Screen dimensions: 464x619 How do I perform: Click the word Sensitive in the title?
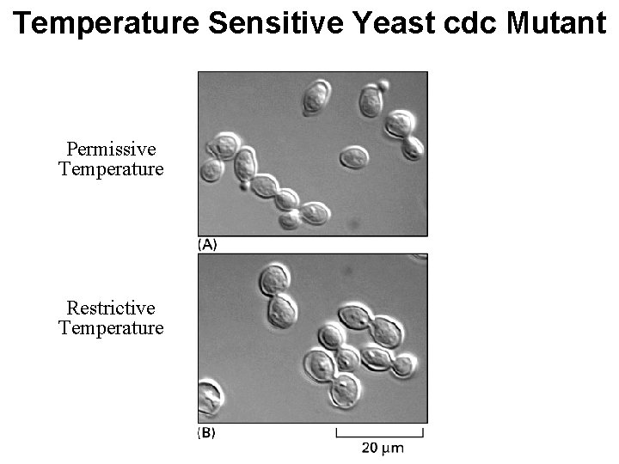[277, 23]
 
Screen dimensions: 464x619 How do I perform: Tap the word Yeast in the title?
[383, 23]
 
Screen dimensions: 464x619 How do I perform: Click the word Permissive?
[111, 149]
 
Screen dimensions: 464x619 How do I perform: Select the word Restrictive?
[111, 308]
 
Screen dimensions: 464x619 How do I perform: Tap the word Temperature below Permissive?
[111, 168]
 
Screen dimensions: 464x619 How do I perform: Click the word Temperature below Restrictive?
[111, 327]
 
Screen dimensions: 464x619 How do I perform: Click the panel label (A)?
[207, 244]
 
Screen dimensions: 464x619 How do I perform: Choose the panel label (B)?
[207, 433]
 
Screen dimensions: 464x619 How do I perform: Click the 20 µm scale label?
[382, 448]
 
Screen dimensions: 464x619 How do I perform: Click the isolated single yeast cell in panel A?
[353, 157]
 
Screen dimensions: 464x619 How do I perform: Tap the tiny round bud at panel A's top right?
[383, 85]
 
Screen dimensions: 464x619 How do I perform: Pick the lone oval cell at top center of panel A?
[316, 97]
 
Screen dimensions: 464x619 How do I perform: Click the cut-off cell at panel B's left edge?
[208, 399]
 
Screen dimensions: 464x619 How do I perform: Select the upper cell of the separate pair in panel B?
[274, 280]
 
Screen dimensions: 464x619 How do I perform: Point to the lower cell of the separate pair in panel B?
[282, 310]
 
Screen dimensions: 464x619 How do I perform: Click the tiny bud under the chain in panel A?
[246, 184]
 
